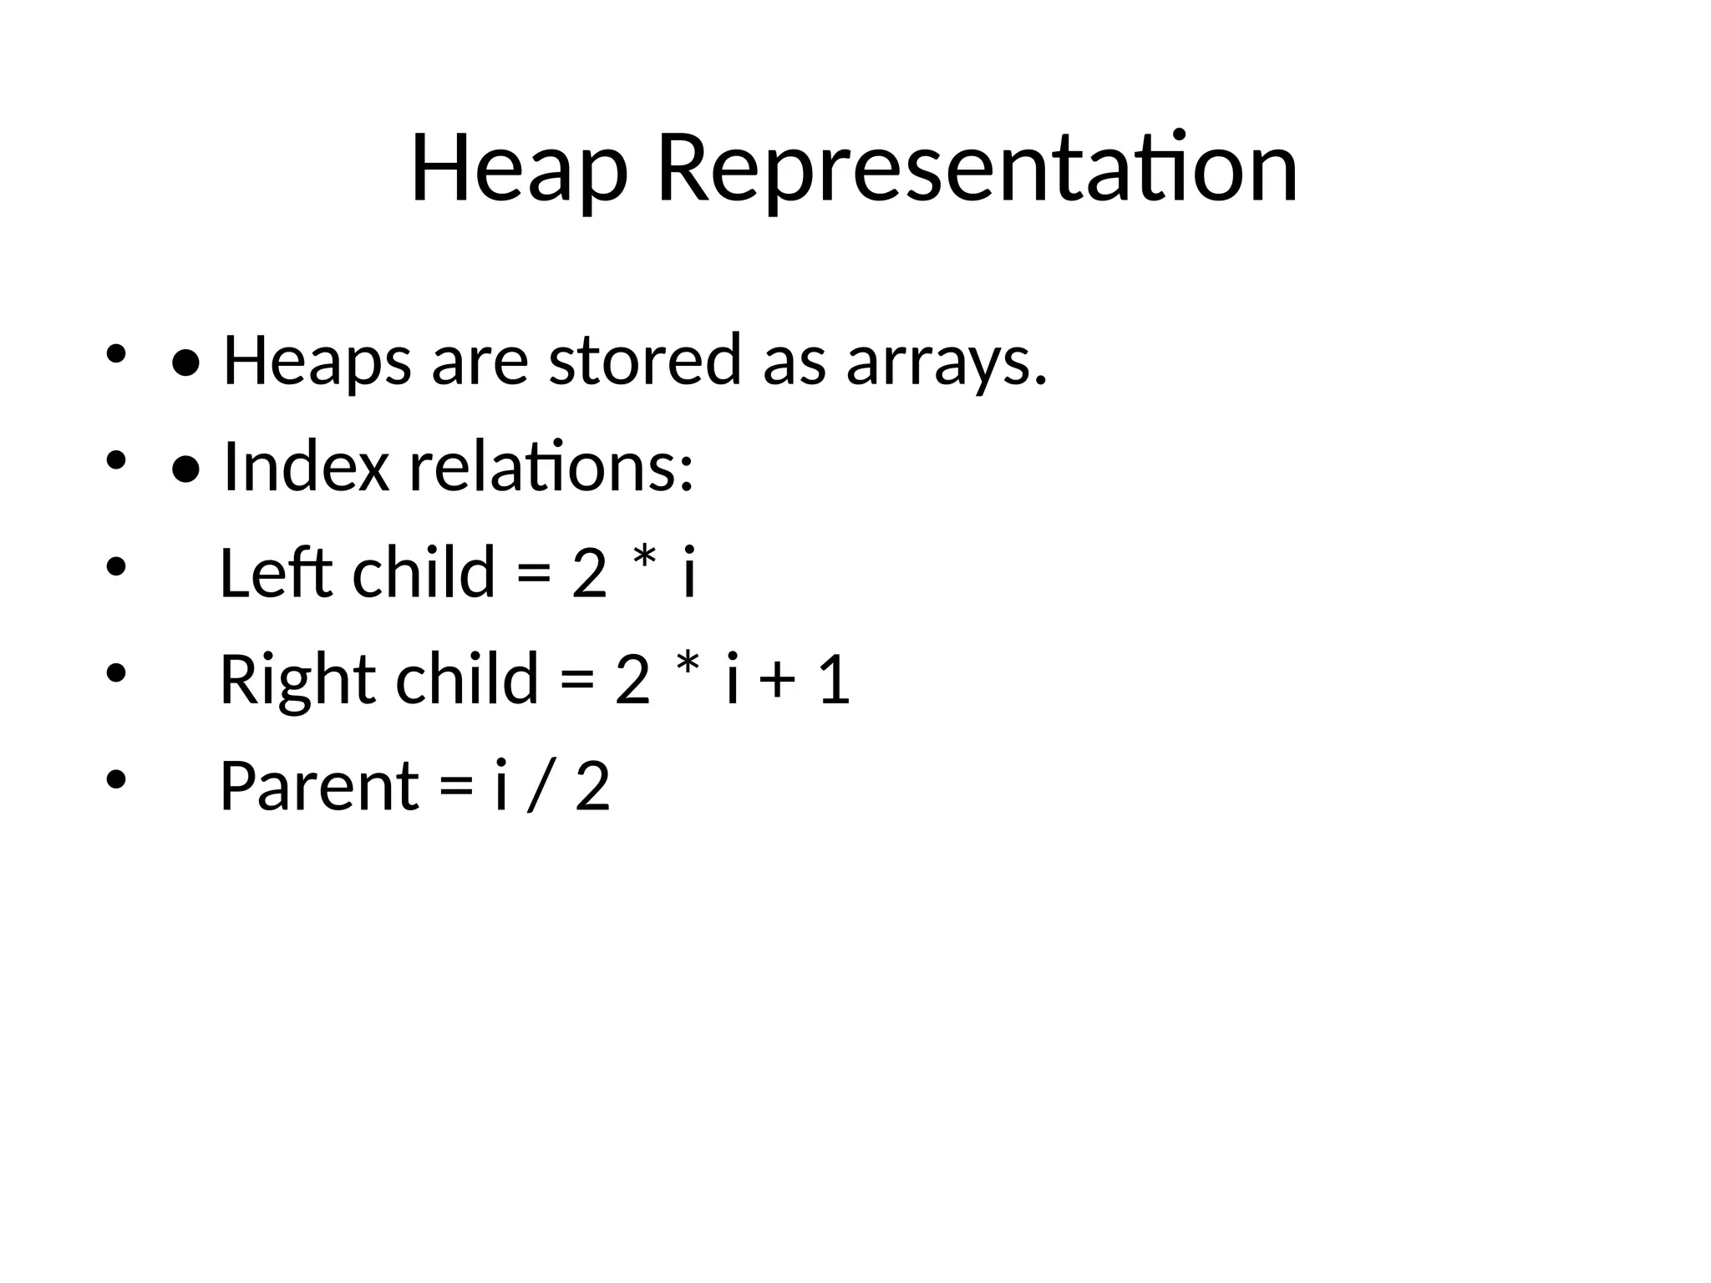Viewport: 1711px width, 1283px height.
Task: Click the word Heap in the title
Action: [x=518, y=170]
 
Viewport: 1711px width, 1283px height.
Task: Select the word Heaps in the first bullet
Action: [x=317, y=361]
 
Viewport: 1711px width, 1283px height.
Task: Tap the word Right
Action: [x=297, y=679]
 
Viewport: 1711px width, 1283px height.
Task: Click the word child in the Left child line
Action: [x=424, y=573]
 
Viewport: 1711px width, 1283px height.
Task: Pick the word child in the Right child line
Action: [x=467, y=679]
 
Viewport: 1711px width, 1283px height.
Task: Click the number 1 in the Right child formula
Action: [x=835, y=679]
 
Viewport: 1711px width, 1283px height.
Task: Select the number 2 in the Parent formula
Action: [x=592, y=786]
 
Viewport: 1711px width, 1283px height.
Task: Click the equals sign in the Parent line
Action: [x=456, y=788]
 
